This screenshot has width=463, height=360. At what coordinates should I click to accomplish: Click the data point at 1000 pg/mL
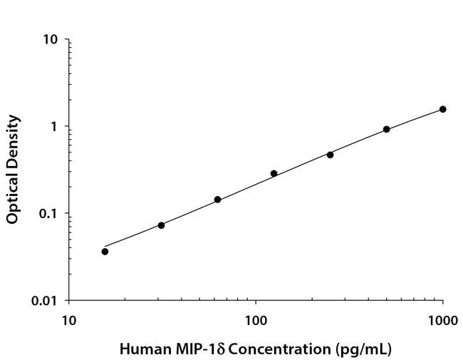click(442, 109)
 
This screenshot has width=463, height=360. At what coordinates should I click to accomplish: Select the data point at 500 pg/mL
click(386, 129)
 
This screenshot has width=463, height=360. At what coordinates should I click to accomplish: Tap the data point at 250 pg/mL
click(330, 154)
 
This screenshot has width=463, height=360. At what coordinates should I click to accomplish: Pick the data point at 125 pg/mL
click(274, 173)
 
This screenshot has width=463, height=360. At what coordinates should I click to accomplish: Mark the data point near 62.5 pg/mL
click(217, 200)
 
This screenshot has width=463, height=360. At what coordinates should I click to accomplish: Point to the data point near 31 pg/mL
click(161, 225)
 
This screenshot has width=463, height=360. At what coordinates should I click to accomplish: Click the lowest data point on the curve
click(105, 251)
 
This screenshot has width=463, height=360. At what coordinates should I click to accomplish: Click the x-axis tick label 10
click(68, 321)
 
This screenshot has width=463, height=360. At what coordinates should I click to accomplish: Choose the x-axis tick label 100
click(256, 321)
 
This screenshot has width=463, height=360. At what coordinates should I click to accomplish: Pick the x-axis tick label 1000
click(442, 321)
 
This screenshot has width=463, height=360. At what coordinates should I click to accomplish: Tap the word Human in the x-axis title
click(140, 350)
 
